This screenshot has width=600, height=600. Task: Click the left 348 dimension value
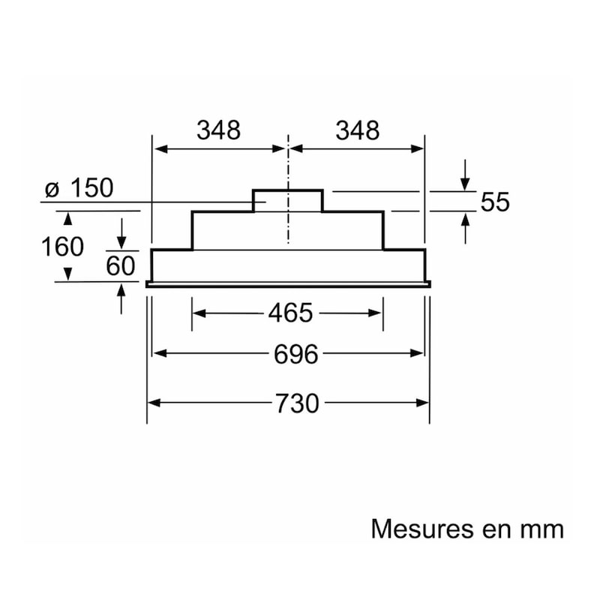pos(218,130)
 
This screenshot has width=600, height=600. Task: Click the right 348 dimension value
pos(358,130)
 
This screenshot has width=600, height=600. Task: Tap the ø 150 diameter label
pos(79,188)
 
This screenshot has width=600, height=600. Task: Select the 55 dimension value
pos(495,202)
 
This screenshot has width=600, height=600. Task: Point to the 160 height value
pos(62,247)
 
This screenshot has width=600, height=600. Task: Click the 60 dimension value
pos(121,265)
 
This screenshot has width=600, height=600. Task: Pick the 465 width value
pos(290,313)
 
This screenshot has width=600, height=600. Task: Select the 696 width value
pos(295,354)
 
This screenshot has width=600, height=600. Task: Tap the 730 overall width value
pos(297,403)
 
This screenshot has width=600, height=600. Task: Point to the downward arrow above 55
pos(465,175)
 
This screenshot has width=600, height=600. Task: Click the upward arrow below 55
pos(465,229)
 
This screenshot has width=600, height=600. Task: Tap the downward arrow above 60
pos(121,233)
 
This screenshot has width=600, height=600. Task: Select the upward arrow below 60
pos(121,298)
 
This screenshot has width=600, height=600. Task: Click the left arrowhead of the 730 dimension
pos(154,403)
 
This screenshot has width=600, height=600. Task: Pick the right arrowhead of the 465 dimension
pos(375,313)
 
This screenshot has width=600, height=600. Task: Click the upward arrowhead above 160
pos(67,218)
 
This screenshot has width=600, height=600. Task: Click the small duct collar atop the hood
pos(288,200)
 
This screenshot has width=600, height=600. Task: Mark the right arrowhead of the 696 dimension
pos(417,353)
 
